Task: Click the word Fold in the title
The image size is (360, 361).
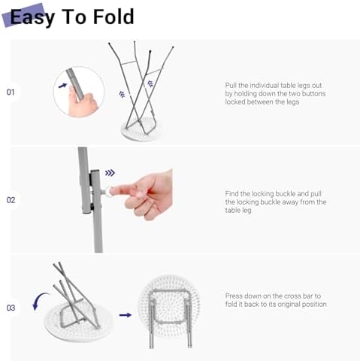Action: pyautogui.click(x=113, y=17)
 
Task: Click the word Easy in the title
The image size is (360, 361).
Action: pyautogui.click(x=32, y=17)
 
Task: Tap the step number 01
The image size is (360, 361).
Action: pyautogui.click(x=11, y=93)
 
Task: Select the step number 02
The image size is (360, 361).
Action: pyautogui.click(x=11, y=200)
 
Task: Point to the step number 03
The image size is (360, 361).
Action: pyautogui.click(x=11, y=308)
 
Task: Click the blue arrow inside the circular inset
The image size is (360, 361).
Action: pyautogui.click(x=62, y=86)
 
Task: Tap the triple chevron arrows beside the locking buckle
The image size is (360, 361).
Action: pyautogui.click(x=110, y=173)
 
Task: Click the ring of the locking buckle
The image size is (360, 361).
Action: pyautogui.click(x=108, y=192)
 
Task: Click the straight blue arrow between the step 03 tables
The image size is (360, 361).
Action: pyautogui.click(x=126, y=315)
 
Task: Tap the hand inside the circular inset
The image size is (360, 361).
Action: pyautogui.click(x=83, y=102)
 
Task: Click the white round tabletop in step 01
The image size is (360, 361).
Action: pyautogui.click(x=141, y=129)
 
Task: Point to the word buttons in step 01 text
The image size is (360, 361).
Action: pyautogui.click(x=313, y=94)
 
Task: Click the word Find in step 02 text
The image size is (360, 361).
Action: pyautogui.click(x=231, y=194)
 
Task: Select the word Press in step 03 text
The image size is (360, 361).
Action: pyautogui.click(x=234, y=296)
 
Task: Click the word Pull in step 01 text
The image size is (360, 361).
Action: pyautogui.click(x=231, y=86)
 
